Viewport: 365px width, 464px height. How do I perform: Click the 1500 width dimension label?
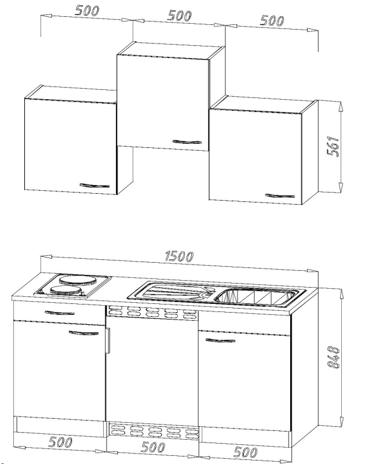tap(179, 256)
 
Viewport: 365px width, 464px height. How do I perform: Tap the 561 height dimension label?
tap(333, 146)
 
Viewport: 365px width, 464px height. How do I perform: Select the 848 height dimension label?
tap(334, 357)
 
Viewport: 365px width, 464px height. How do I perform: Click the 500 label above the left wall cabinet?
tap(87, 10)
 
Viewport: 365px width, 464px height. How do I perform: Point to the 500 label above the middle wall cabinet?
tap(180, 16)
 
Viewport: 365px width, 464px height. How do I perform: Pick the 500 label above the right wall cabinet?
tap(272, 20)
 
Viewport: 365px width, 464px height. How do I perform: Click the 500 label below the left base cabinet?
tap(60, 442)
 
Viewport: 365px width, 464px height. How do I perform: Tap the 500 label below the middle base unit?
tap(153, 447)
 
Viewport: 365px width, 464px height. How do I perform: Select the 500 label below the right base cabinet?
tap(245, 452)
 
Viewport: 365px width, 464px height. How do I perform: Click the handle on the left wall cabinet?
tap(94, 186)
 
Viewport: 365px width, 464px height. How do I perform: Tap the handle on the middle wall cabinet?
tap(187, 142)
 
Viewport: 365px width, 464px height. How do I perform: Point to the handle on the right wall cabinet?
tap(280, 195)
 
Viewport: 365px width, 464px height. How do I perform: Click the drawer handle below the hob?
tap(60, 313)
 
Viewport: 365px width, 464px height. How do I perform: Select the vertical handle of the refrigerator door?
tap(108, 340)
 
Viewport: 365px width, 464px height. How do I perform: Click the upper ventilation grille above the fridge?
tap(152, 313)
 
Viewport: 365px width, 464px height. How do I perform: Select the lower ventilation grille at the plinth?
tap(153, 432)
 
